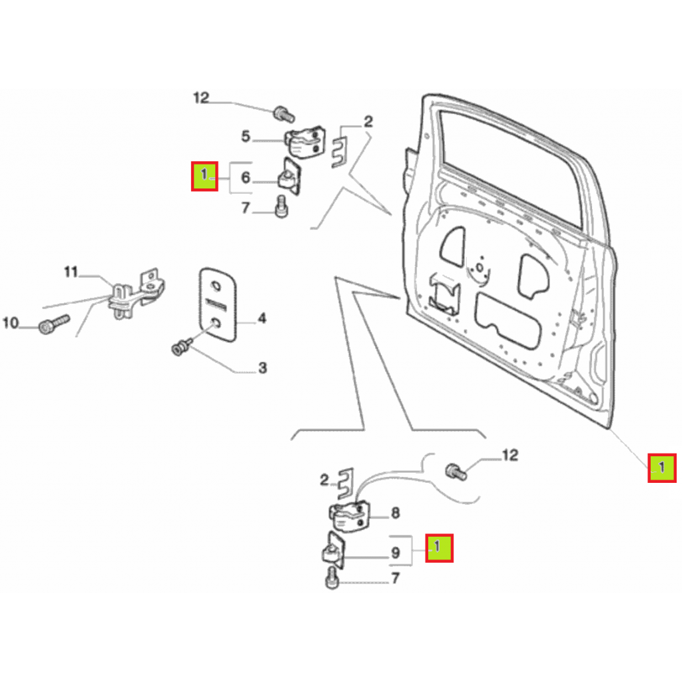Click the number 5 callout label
(246, 137)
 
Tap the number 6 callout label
(246, 177)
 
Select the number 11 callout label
(71, 272)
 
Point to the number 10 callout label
(11, 323)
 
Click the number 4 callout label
(262, 318)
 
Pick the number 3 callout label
(262, 368)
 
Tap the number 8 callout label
(396, 513)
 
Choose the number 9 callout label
(396, 553)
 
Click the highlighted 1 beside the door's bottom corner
(662, 468)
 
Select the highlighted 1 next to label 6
(204, 176)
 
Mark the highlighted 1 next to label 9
(440, 548)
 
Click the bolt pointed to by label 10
(54, 324)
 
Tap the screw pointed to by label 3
(181, 347)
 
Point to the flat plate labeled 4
(218, 304)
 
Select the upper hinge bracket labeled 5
(305, 143)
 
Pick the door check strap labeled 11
(136, 293)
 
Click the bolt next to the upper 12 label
(284, 114)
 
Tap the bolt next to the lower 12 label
(456, 472)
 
